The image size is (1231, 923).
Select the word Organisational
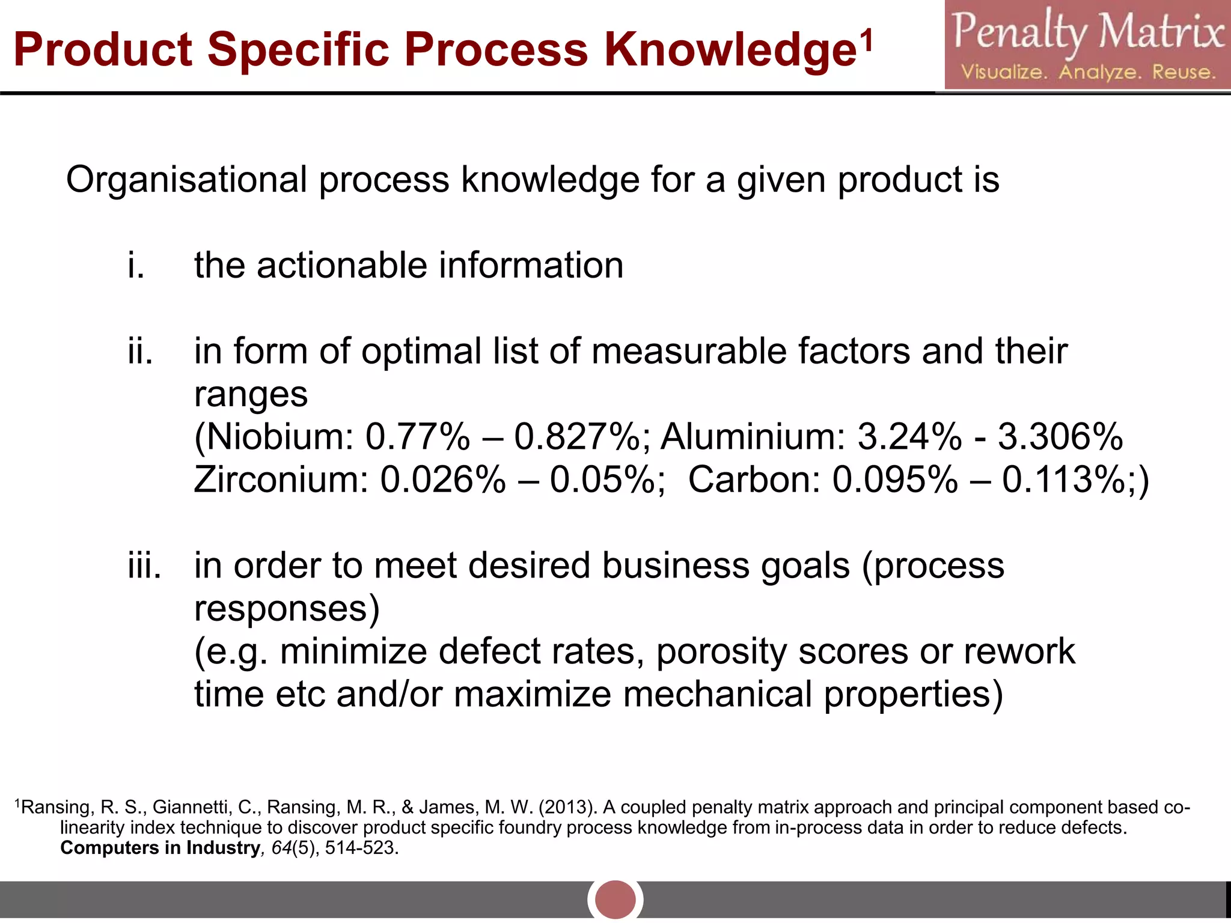point(186,180)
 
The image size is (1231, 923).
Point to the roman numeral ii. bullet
point(140,352)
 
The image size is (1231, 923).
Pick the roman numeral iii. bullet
point(144,566)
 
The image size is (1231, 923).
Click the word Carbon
point(754,480)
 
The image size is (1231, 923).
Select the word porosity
point(721,652)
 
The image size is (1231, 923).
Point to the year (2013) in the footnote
point(567,807)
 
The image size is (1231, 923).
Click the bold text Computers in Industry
point(160,848)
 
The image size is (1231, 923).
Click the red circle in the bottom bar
point(615,900)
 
